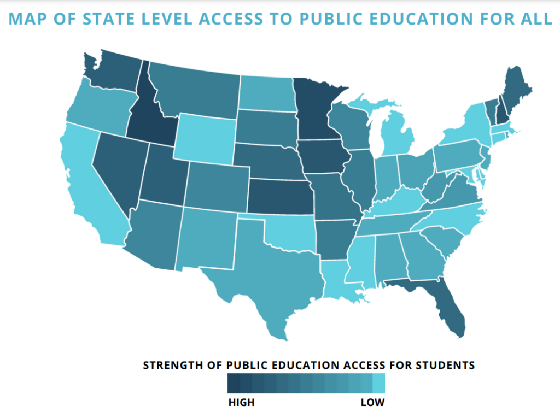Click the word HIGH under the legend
[241, 403]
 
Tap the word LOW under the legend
[372, 403]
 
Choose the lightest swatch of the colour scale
[378, 384]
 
